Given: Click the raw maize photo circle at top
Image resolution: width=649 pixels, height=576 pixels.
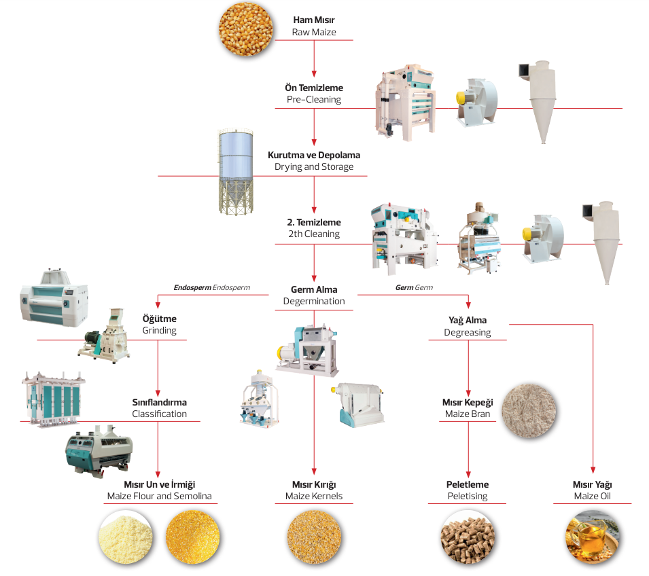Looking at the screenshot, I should point(245,29).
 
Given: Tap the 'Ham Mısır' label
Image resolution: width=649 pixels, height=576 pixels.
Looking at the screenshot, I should point(314,20).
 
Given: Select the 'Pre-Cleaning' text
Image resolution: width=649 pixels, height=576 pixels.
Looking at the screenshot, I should point(313,99).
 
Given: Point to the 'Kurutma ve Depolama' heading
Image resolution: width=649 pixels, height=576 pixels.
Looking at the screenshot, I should point(313,155).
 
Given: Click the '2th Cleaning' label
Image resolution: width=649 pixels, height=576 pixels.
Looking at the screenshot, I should point(313,234).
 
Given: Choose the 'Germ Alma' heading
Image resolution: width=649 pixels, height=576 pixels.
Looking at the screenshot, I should point(313,289).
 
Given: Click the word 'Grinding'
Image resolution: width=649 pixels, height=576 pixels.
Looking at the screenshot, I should point(159,331).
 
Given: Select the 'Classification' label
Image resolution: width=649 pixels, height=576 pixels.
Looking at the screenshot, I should point(159,414).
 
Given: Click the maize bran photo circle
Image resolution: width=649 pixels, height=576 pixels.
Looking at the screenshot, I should point(530,409).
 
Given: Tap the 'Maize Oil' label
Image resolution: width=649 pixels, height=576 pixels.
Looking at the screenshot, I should point(592,496).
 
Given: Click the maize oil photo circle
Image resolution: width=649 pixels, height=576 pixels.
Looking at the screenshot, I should point(592,539).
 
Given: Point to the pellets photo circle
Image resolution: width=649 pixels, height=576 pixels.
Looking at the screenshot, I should point(468,539).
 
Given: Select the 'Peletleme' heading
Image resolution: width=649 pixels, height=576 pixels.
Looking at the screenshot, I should point(468,484).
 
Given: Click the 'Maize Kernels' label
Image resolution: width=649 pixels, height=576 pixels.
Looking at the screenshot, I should point(313,496).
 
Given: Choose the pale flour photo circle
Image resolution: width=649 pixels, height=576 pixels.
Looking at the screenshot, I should point(126,539).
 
